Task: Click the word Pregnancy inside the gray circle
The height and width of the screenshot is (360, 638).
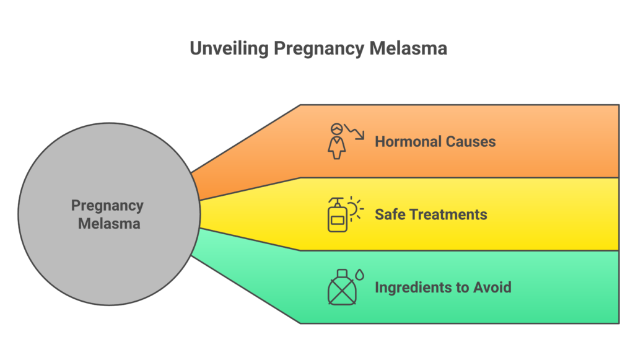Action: coord(107,206)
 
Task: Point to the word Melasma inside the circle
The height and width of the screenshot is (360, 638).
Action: coord(109,223)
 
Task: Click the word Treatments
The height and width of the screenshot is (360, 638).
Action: coord(448,214)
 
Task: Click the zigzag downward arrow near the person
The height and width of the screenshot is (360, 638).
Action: coord(354,131)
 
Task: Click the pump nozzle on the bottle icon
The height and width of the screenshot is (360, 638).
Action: coord(337,201)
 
